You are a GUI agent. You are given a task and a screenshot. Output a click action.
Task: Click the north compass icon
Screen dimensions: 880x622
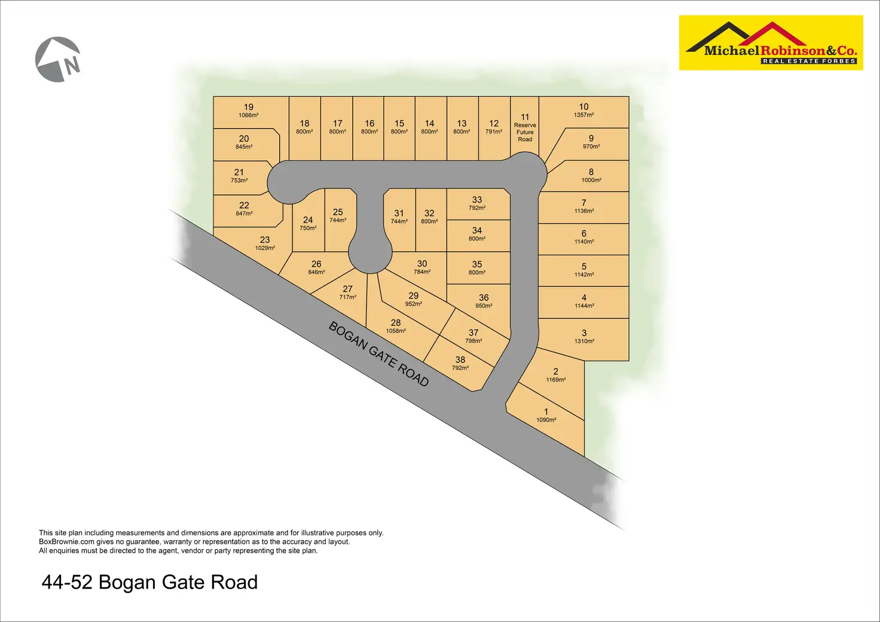58,59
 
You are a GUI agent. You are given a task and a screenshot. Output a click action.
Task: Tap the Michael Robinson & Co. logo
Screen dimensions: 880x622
771,43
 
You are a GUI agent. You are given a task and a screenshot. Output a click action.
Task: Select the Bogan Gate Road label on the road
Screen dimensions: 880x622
378,354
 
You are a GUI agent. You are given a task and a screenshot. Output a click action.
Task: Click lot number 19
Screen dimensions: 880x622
249,107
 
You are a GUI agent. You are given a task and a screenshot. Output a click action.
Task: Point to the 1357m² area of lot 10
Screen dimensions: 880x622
583,115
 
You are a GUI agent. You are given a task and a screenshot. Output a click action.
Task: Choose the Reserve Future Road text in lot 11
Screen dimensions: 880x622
525,132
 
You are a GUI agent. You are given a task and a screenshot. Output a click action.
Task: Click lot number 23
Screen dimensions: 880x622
265,239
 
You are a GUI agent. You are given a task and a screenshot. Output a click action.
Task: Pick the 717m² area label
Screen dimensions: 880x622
347,297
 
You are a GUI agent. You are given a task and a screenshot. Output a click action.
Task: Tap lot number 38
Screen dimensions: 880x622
460,359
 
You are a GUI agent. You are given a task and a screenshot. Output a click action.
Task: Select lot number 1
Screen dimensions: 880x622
546,411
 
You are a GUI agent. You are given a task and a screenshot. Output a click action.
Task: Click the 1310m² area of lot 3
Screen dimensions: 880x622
584,342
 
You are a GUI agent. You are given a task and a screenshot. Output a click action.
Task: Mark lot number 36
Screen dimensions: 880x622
484,297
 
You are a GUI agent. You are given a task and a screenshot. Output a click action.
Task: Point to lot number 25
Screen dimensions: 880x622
338,212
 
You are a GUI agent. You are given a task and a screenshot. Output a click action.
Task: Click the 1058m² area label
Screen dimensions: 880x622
396,331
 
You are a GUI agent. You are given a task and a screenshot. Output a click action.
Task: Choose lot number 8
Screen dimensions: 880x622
591,172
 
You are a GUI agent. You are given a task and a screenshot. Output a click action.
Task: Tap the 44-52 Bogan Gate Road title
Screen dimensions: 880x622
149,582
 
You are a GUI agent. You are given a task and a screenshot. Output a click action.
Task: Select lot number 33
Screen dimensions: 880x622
476,200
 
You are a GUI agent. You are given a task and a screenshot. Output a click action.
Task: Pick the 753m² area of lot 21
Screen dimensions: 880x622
239,180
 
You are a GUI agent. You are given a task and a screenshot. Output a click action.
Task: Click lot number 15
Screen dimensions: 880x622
399,123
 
